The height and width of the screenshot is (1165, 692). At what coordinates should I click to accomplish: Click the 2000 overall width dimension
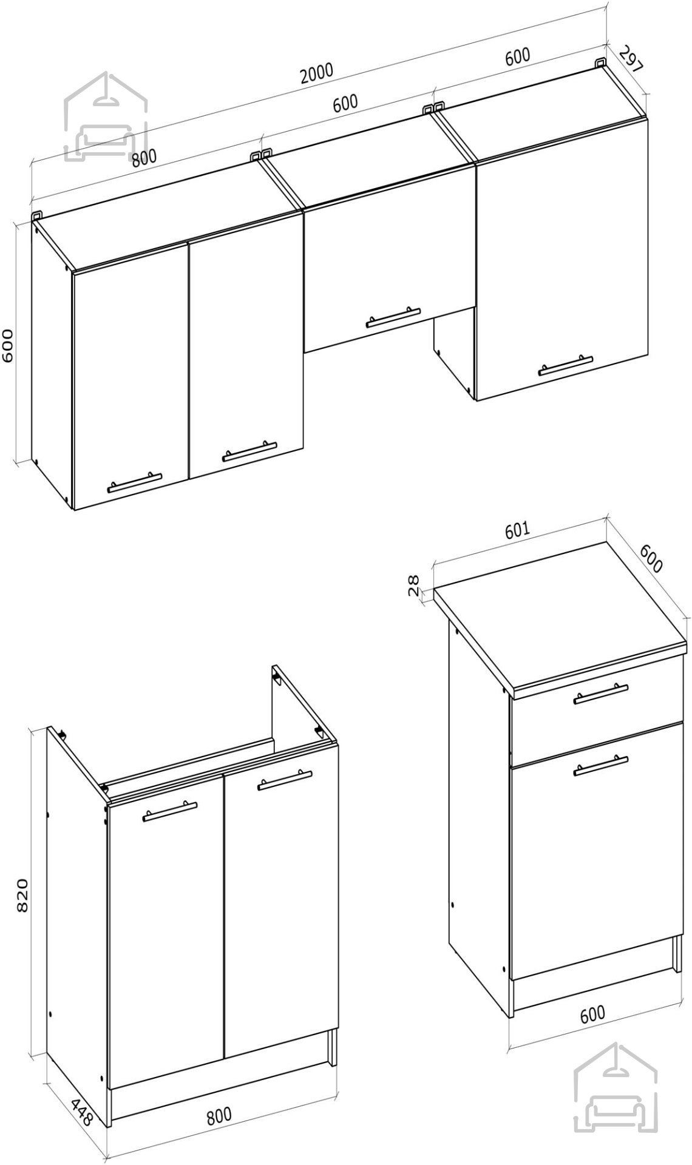pos(316,72)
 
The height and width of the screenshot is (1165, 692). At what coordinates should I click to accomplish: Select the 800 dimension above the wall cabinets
pos(144,158)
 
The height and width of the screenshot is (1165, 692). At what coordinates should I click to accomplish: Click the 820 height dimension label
pos(22,895)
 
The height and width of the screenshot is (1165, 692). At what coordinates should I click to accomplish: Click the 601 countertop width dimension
pos(517,529)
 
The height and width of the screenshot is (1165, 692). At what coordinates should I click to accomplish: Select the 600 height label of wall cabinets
pos(9,346)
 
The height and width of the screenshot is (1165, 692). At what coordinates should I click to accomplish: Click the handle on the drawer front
pos(601,694)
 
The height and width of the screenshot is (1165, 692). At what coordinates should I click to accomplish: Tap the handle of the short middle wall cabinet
pos(393,317)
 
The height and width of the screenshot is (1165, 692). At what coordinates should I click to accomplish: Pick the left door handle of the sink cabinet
pos(170,811)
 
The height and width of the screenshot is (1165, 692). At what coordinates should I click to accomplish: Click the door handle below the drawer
pos(601,765)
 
